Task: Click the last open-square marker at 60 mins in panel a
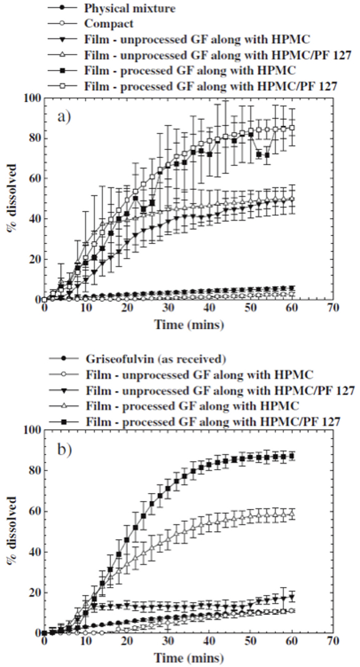[x=291, y=128]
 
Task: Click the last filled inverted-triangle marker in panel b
[x=291, y=597]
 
